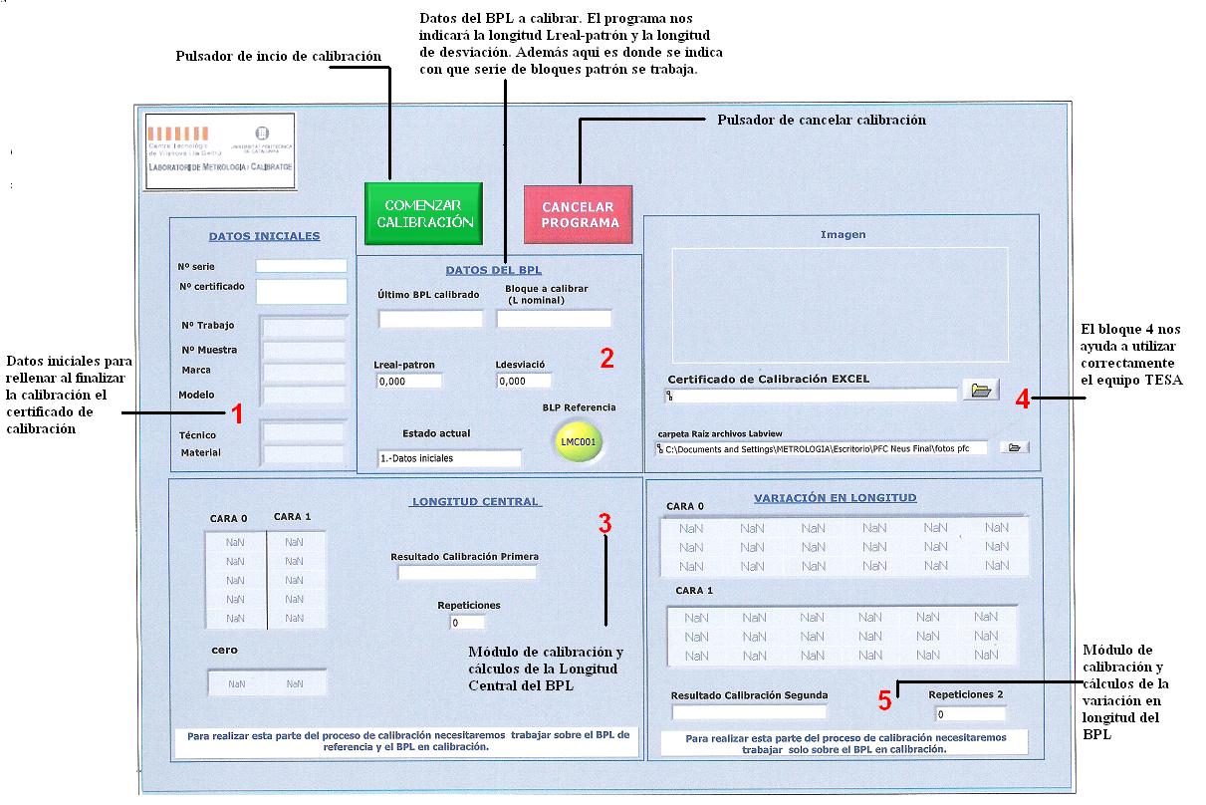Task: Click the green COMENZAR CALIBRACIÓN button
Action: (x=422, y=213)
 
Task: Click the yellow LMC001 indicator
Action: (x=577, y=441)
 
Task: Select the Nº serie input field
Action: (x=301, y=266)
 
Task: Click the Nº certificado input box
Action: (x=301, y=291)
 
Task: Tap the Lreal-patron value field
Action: (x=408, y=381)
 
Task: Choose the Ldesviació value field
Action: (x=523, y=381)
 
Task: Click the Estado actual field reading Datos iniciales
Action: (x=449, y=458)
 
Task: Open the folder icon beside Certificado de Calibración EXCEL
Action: (x=980, y=391)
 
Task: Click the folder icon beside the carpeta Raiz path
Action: (x=1014, y=447)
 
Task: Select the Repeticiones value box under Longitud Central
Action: (x=467, y=623)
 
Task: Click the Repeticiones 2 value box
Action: (x=970, y=714)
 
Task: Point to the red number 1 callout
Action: (x=237, y=413)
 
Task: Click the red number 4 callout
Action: (x=1022, y=399)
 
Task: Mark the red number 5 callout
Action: (x=884, y=700)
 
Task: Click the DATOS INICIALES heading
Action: (x=264, y=236)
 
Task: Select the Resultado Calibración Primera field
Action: (x=467, y=573)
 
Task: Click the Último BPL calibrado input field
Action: (x=430, y=320)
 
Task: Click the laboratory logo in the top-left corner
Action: (x=220, y=150)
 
